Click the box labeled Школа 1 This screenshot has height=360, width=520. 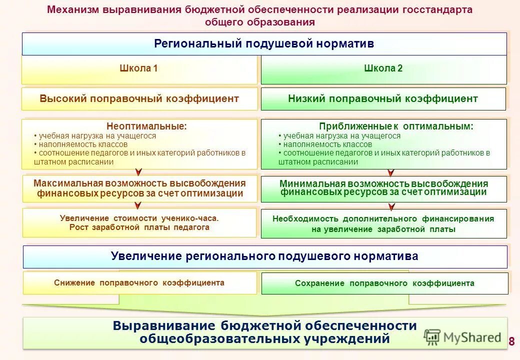tap(138, 69)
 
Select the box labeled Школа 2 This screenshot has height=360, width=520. tap(383, 69)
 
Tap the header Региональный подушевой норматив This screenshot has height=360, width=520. tap(264, 44)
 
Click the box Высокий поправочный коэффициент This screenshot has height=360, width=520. tap(139, 99)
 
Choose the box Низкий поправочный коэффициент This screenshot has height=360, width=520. tap(383, 99)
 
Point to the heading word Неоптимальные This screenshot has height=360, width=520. tap(146, 126)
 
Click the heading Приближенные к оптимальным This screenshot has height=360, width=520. tap(396, 126)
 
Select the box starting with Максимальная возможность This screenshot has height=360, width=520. tap(140, 188)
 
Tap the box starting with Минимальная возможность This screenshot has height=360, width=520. tap(383, 188)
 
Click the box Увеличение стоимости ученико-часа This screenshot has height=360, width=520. tap(139, 222)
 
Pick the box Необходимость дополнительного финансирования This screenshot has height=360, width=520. tap(383, 223)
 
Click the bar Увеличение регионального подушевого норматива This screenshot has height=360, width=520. tap(264, 256)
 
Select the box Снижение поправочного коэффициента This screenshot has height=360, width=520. tap(139, 283)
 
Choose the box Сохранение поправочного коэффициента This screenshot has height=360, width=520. tap(384, 283)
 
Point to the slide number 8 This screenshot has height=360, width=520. tap(511, 342)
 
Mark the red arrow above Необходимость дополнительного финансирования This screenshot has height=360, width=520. tap(392, 206)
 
